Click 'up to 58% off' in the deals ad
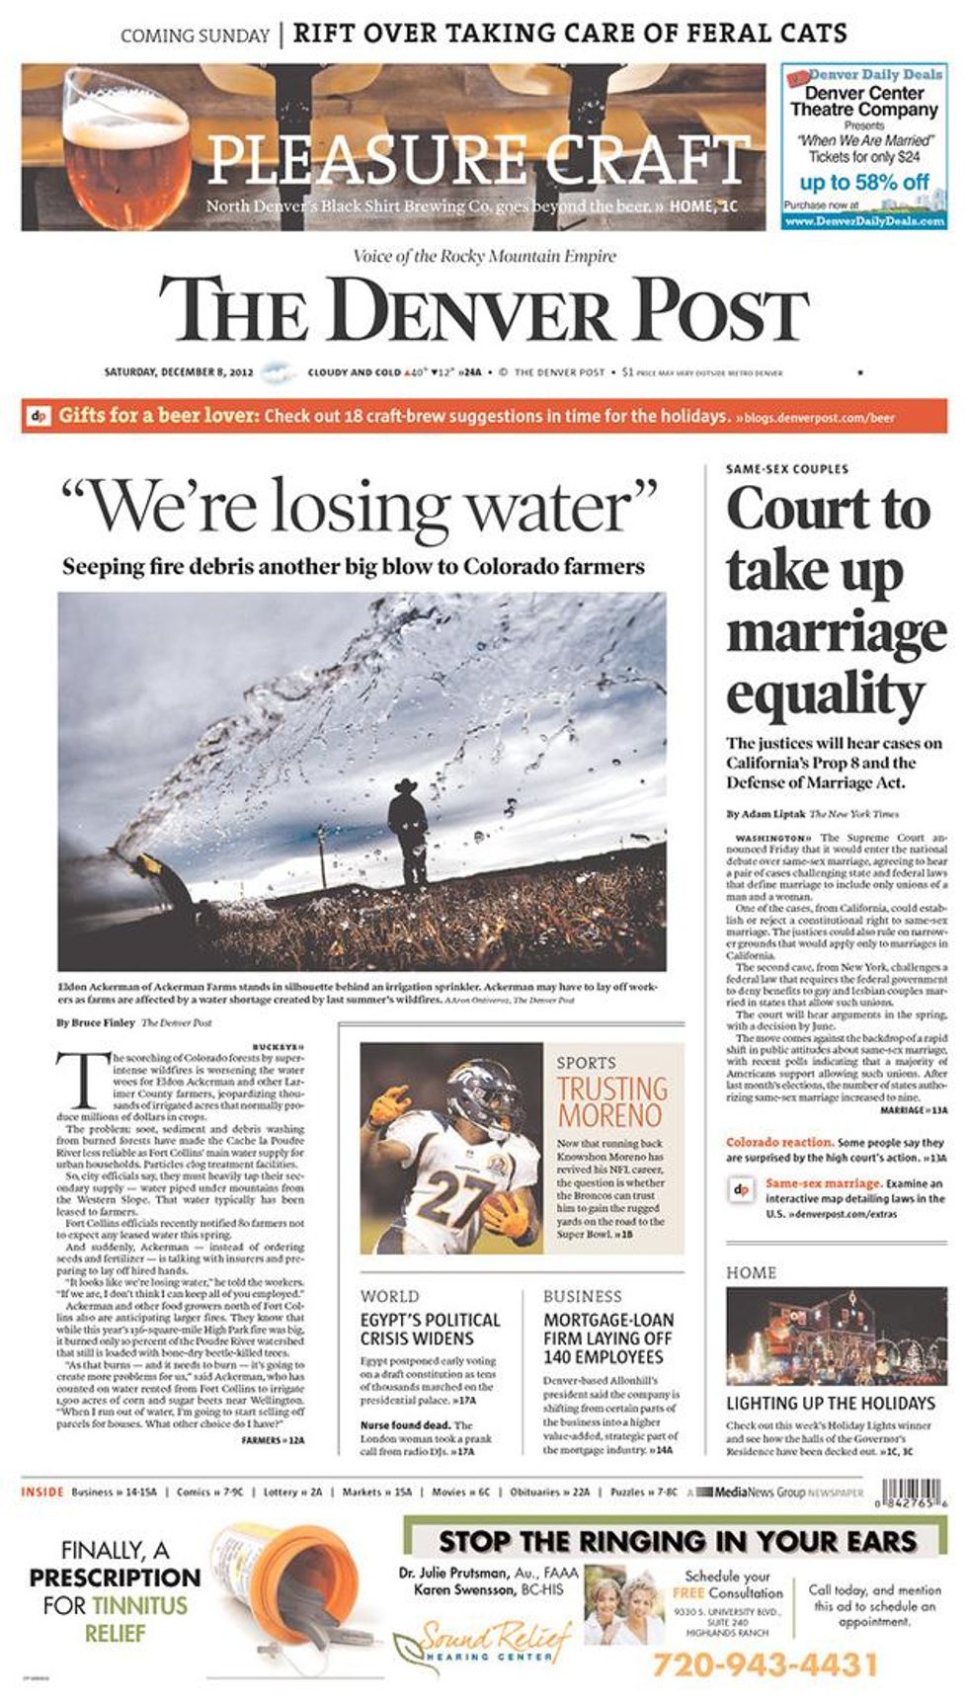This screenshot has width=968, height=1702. (x=863, y=182)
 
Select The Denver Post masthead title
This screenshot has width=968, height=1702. (x=484, y=308)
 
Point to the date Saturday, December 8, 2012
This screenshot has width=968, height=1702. (x=179, y=372)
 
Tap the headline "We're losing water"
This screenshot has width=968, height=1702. (x=359, y=506)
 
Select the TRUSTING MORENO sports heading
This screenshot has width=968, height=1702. (x=612, y=1101)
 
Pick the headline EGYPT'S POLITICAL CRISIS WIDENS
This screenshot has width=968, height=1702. (x=430, y=1329)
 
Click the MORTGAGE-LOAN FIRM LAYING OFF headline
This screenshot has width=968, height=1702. (x=608, y=1338)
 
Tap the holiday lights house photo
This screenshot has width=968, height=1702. (x=836, y=1337)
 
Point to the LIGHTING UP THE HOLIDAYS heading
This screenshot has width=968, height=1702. (x=830, y=1403)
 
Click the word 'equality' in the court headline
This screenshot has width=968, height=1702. (x=826, y=694)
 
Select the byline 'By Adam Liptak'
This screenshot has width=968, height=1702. (x=766, y=814)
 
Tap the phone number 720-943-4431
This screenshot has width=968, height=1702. (x=765, y=1664)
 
